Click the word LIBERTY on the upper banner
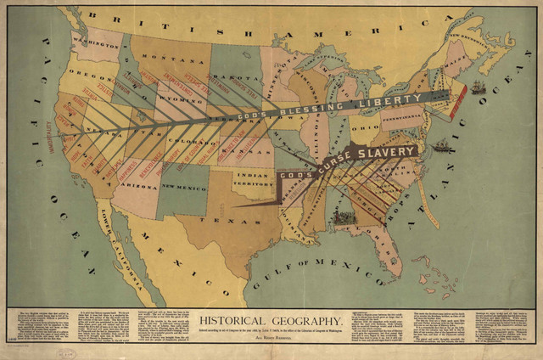tap(390, 100)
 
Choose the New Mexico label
tap(180, 186)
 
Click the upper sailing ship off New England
tap(478, 87)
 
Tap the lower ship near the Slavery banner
tap(441, 147)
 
